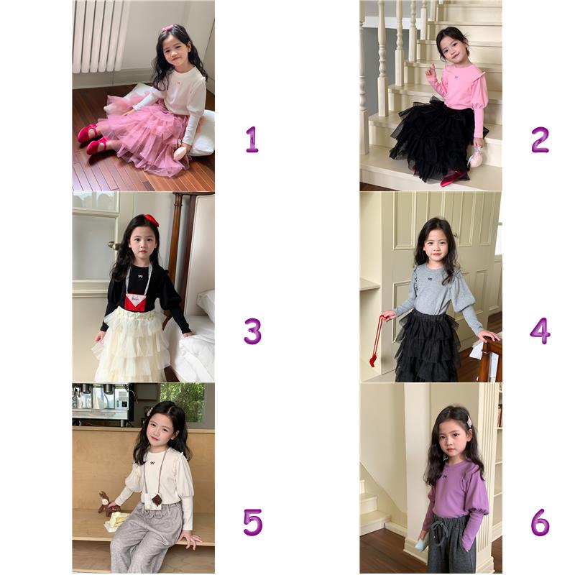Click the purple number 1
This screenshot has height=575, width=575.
point(252,139)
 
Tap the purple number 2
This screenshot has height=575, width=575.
point(540,139)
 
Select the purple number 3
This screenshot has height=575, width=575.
point(253,331)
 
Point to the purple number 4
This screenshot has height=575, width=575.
point(540,331)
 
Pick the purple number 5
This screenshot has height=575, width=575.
point(253,523)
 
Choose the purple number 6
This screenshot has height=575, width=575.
point(540,523)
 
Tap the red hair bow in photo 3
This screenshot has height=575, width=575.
point(151,219)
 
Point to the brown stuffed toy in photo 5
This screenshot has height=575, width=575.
point(108,503)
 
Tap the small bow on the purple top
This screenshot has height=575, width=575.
point(445,477)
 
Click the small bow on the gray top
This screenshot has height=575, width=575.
point(429,280)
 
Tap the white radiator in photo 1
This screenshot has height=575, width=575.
point(99,36)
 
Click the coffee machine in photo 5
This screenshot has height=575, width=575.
point(101,402)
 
